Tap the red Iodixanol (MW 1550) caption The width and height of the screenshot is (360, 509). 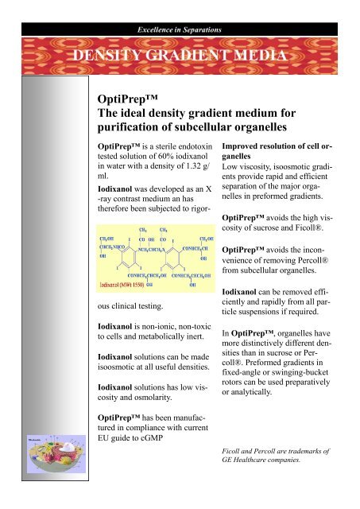click(x=123, y=262)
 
